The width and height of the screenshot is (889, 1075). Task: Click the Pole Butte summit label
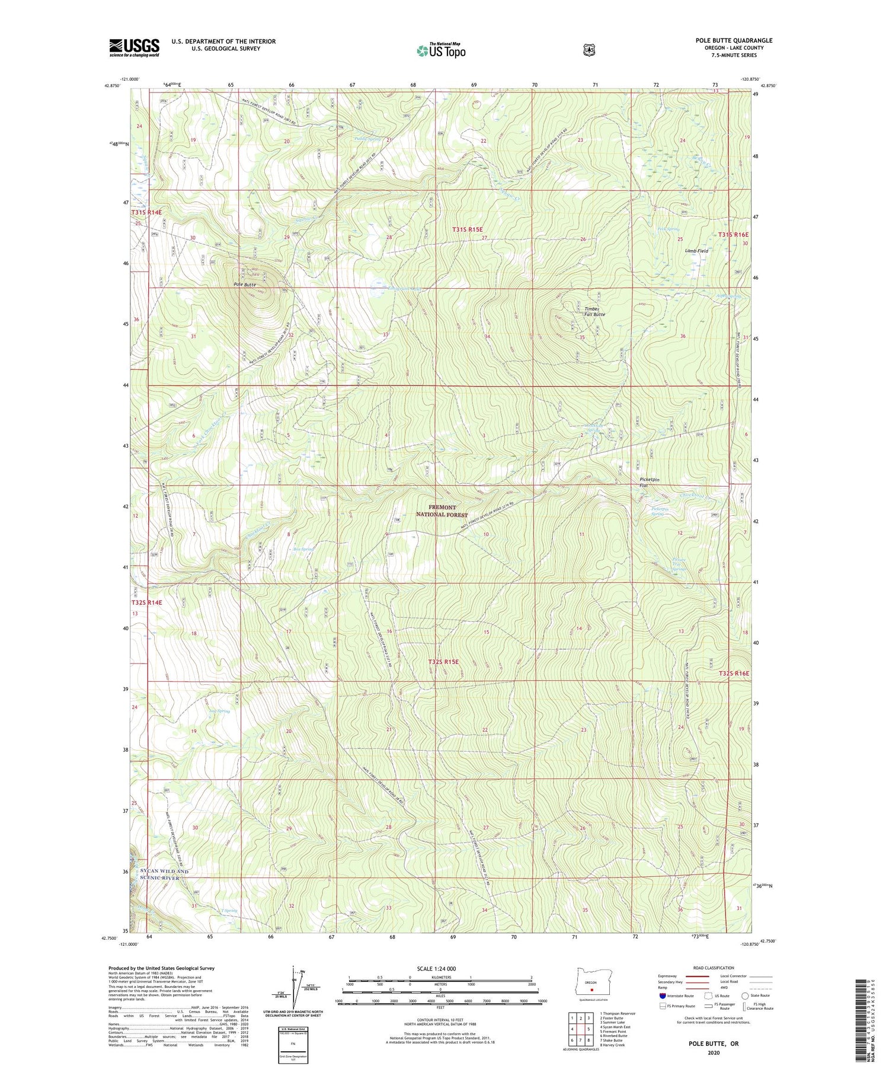[245, 285]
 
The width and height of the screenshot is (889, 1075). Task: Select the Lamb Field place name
[696, 251]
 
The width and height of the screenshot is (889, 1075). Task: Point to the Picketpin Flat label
[649, 482]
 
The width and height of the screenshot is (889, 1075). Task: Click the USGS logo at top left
[134, 47]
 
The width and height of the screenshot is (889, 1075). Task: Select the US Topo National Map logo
[441, 50]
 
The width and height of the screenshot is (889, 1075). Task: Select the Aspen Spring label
[714, 296]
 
